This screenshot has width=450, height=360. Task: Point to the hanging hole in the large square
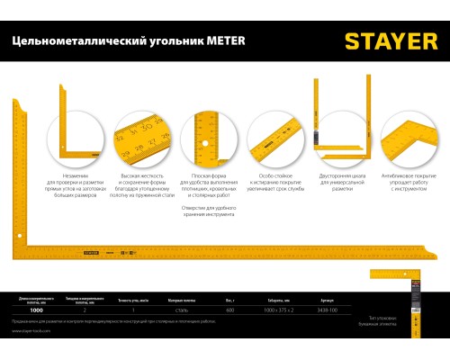coord(19,236)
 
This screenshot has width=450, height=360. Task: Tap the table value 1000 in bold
coord(36,310)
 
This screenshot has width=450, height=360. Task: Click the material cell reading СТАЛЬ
coord(181,310)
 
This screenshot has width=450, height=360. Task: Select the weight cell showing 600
coord(230,310)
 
